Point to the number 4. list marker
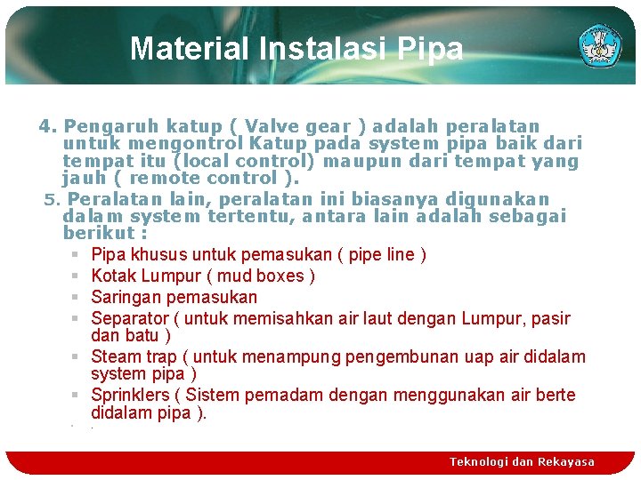click(x=48, y=126)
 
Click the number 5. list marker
click(x=51, y=199)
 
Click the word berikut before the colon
click(x=97, y=234)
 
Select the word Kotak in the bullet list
click(x=113, y=276)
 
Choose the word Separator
click(x=130, y=318)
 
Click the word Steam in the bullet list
click(x=116, y=356)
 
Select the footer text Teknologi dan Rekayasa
click(x=522, y=461)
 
